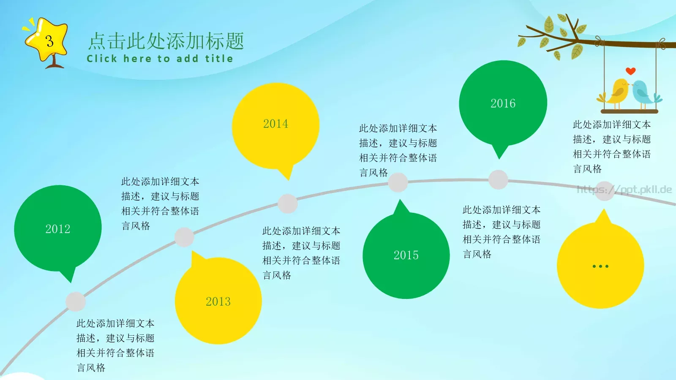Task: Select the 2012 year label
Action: tap(58, 229)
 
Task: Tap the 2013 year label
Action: tap(218, 301)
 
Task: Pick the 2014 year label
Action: tap(275, 124)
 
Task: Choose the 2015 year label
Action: tap(406, 255)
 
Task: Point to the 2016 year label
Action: tap(503, 103)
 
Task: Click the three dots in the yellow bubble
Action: tap(600, 266)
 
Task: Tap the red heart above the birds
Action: tap(630, 71)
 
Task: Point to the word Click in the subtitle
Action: tap(102, 58)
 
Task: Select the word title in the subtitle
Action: tap(219, 58)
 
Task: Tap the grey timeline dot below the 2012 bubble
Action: tap(76, 301)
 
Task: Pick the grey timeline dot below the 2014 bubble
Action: tap(288, 204)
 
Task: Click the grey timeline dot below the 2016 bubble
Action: tap(498, 180)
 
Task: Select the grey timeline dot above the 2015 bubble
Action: tap(398, 182)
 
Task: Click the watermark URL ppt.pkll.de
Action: tap(624, 190)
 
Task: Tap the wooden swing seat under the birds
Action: tap(629, 111)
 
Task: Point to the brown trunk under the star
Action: tap(55, 62)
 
